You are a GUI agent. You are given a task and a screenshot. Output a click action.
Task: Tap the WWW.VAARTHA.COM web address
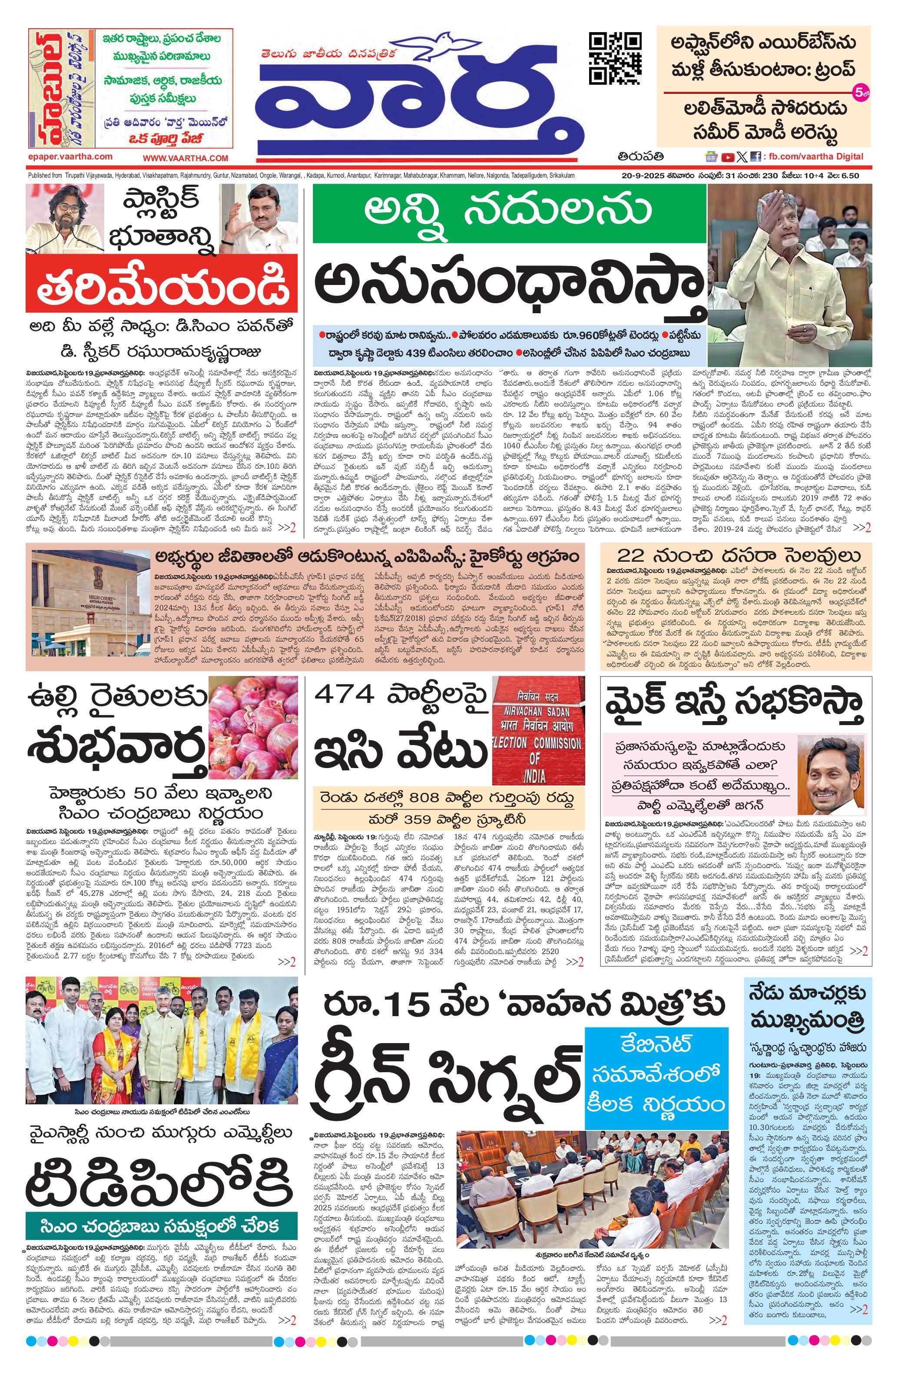(186, 158)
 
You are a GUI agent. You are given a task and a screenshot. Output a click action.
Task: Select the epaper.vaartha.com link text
(70, 156)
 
